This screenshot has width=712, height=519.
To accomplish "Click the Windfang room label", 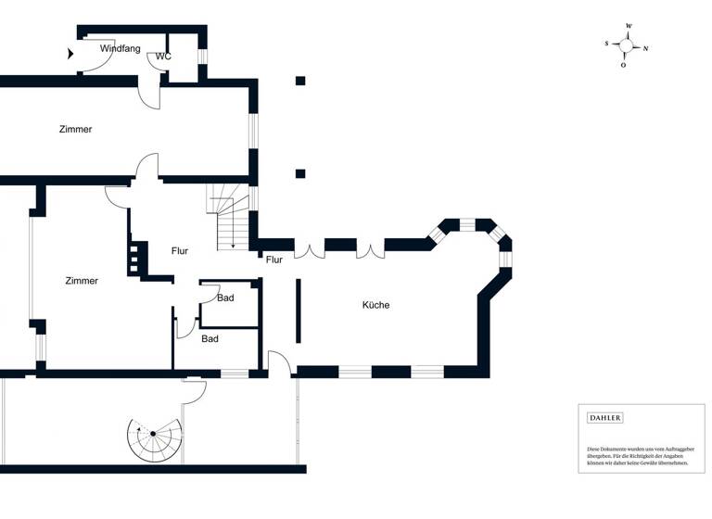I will (x=120, y=48).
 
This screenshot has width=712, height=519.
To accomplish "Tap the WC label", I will (x=163, y=57).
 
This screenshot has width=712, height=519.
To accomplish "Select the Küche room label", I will (x=375, y=305).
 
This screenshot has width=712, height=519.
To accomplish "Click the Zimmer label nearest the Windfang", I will (x=74, y=129).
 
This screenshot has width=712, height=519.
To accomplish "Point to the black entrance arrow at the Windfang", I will (x=71, y=54).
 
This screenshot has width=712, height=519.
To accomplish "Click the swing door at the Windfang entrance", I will (x=97, y=57).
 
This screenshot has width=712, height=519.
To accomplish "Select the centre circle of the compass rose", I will (x=626, y=45).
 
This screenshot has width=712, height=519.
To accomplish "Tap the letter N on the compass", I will (x=646, y=48).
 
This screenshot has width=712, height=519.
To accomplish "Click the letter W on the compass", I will (x=629, y=26).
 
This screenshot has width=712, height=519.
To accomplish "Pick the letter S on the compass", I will (x=606, y=44).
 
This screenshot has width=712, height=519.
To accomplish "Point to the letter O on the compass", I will (x=624, y=65).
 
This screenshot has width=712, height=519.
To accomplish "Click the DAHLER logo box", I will (x=605, y=418).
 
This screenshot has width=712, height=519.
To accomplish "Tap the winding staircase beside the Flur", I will (x=228, y=220).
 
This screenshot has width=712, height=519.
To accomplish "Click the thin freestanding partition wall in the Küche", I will (x=298, y=310).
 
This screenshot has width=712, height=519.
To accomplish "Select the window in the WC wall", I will (x=203, y=57).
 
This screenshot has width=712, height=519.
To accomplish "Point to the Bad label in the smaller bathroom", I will (x=225, y=297).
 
